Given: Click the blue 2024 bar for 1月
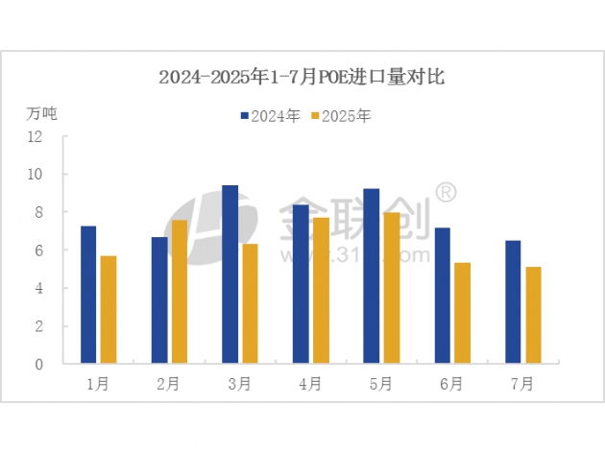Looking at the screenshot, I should (88, 295).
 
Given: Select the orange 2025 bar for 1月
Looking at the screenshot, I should (108, 310).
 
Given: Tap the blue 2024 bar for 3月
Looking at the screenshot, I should (230, 274).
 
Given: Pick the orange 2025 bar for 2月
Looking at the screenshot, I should (179, 292).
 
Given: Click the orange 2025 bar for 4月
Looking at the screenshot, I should (320, 291).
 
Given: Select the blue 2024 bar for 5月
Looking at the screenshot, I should (372, 276).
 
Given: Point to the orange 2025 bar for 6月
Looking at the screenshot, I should (462, 313).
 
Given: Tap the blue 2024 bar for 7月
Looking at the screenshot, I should (514, 302).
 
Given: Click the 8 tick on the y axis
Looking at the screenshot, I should (39, 212).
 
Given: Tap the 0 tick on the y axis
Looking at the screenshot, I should (39, 365).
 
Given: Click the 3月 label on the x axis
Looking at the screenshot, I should (240, 384).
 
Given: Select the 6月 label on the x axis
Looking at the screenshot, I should (452, 384).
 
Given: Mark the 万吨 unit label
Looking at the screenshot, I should (42, 113).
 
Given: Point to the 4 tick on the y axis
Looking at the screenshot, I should (39, 288).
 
